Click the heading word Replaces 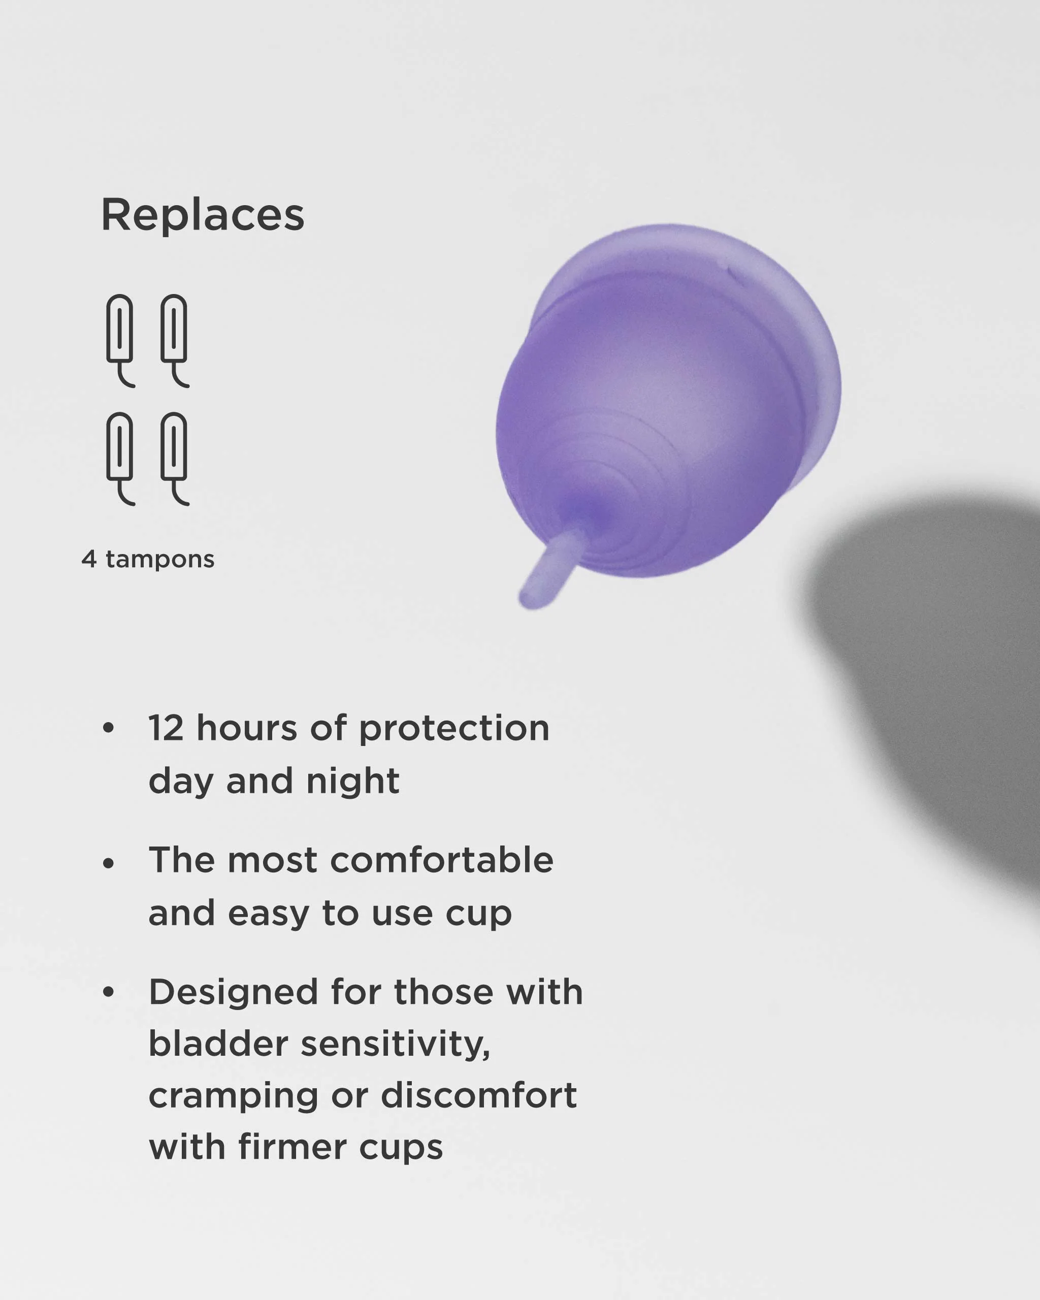tap(203, 215)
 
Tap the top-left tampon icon tap(120, 339)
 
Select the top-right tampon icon tap(174, 339)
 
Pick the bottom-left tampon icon tap(120, 457)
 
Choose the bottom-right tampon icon tap(174, 457)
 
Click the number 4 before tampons tap(89, 559)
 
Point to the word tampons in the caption tap(160, 560)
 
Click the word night tap(353, 782)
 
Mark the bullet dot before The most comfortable tap(109, 863)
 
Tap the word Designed tap(233, 992)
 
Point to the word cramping tap(233, 1096)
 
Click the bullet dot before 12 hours tap(109, 728)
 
